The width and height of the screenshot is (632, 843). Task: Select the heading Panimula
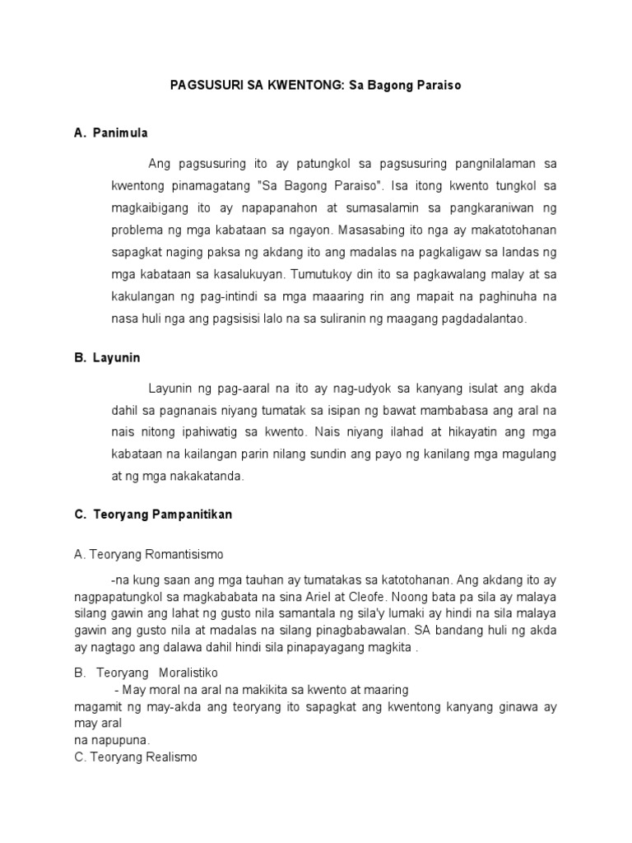pos(121,133)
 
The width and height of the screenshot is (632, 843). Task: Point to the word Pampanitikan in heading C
pos(193,515)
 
